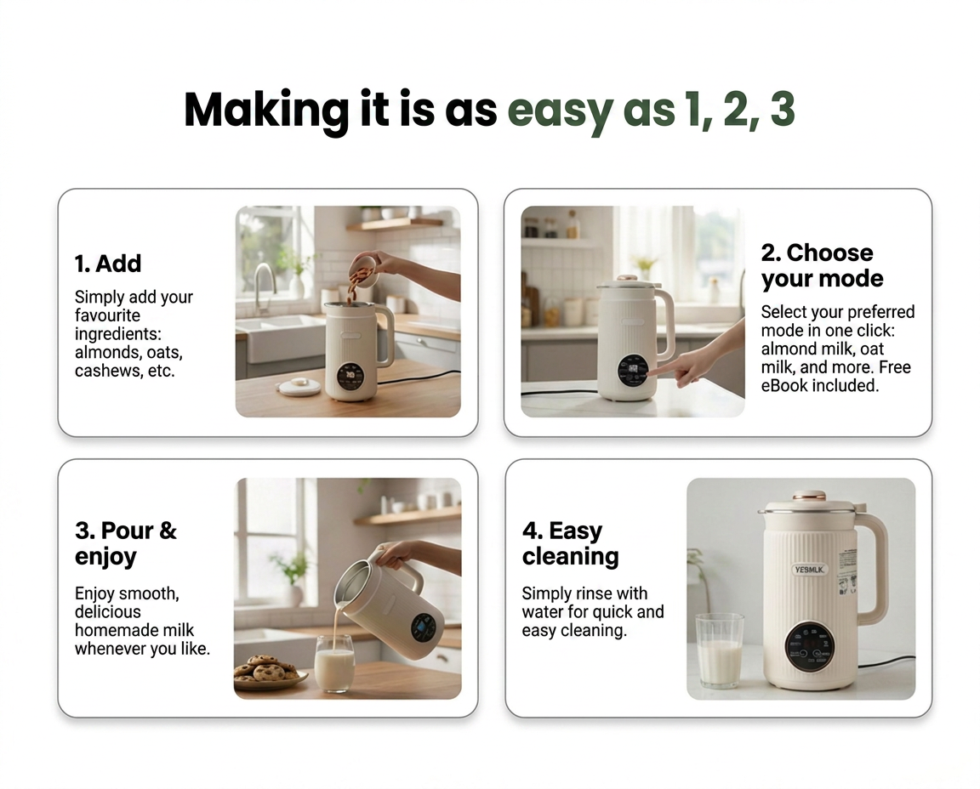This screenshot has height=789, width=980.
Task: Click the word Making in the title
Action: (x=266, y=111)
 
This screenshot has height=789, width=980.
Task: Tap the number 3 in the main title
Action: (x=782, y=110)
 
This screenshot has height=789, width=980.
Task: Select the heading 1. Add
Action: (x=107, y=264)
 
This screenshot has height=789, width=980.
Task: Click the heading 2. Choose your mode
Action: (x=822, y=265)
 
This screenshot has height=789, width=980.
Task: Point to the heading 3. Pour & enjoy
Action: (x=126, y=543)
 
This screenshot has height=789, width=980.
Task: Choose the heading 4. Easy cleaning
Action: (x=570, y=543)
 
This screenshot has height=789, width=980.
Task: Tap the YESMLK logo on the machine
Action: (x=809, y=569)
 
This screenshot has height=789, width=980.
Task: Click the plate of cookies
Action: (x=270, y=673)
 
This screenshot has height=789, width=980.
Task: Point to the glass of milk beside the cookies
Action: (x=333, y=663)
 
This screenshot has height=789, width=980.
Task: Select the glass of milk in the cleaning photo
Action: (x=720, y=650)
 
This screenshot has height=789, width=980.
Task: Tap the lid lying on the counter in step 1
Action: (x=299, y=386)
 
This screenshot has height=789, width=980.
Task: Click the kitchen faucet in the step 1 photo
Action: (x=265, y=287)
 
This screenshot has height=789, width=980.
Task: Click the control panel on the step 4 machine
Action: (x=809, y=646)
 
